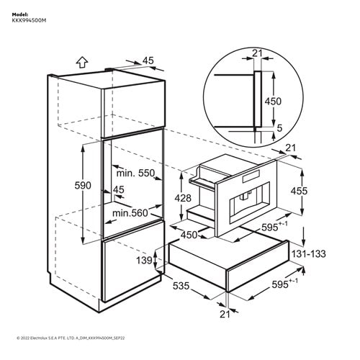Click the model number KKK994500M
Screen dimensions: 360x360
(29, 21)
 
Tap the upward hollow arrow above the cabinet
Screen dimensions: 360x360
(82, 63)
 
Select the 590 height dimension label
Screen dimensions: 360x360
(83, 186)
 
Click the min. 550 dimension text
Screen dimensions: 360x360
(135, 173)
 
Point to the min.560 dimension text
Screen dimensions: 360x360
(130, 213)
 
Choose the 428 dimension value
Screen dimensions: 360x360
(183, 198)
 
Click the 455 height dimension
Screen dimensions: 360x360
(299, 191)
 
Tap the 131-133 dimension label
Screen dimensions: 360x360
(308, 253)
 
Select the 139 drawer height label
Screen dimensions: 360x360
(144, 260)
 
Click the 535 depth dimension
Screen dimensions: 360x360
(181, 286)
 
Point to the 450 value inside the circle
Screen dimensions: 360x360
(273, 102)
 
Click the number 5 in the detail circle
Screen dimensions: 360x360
(279, 128)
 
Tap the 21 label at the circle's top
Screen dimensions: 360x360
(257, 53)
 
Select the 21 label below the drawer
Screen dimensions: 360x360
(225, 314)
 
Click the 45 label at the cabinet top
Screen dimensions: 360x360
(148, 60)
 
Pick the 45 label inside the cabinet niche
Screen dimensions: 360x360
(119, 189)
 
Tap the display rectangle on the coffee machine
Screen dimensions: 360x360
(251, 176)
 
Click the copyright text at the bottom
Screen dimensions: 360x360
(71, 338)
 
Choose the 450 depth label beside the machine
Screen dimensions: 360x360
(189, 235)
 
